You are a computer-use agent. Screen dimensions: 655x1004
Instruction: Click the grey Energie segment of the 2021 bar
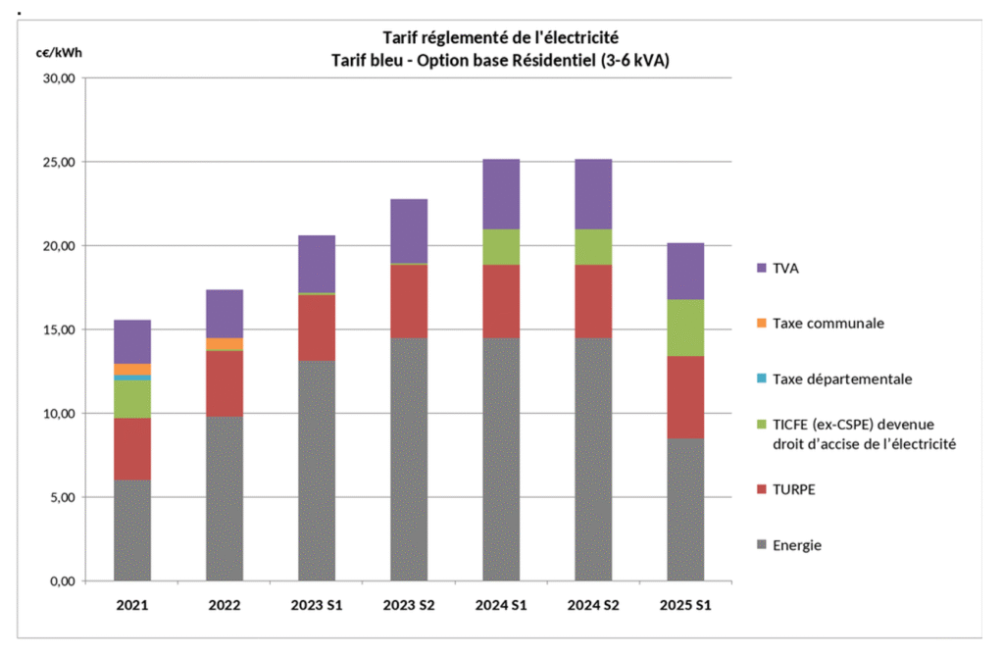[132, 529]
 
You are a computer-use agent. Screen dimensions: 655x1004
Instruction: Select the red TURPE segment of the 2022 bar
[225, 383]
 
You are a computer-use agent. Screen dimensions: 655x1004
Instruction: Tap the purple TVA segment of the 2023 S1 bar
[317, 263]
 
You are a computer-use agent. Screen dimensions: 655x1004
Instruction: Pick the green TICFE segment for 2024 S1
[501, 246]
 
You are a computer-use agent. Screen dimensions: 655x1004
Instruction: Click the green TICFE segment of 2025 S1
[685, 327]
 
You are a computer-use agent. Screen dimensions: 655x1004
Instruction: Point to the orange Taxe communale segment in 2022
[225, 343]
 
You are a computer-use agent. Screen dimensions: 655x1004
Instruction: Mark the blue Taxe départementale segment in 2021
[132, 377]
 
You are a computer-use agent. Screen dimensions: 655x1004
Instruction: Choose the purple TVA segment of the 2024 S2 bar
[593, 193]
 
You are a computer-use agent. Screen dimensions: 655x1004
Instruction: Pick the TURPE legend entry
[795, 489]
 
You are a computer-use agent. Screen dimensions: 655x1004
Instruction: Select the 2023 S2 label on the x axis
[409, 606]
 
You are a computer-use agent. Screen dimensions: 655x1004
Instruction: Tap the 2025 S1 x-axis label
[685, 606]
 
